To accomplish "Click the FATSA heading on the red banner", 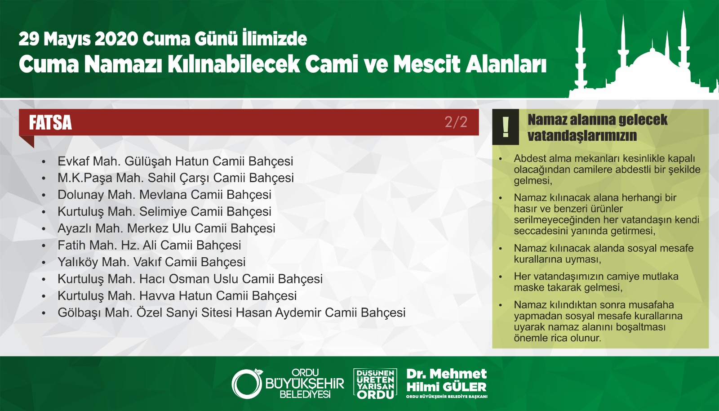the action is (50, 123).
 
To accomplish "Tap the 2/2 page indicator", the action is (456, 122).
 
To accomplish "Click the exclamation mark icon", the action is (506, 127).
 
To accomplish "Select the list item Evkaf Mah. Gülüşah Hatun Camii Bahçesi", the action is (175, 161).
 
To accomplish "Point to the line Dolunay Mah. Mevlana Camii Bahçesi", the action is (164, 195).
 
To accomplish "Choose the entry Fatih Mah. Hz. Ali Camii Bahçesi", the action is (149, 246).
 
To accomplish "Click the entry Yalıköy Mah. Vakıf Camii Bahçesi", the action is (151, 262).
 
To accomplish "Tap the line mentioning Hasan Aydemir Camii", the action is (231, 313).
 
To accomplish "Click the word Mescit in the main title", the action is (427, 64).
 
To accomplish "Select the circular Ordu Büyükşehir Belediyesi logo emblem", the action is (247, 384).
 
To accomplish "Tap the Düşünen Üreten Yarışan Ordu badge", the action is (375, 384).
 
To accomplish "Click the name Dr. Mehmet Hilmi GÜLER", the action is (447, 380).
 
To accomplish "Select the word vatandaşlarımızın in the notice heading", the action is (582, 135).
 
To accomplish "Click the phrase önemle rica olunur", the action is (557, 338).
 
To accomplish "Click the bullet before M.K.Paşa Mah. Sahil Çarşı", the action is (44, 179).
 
